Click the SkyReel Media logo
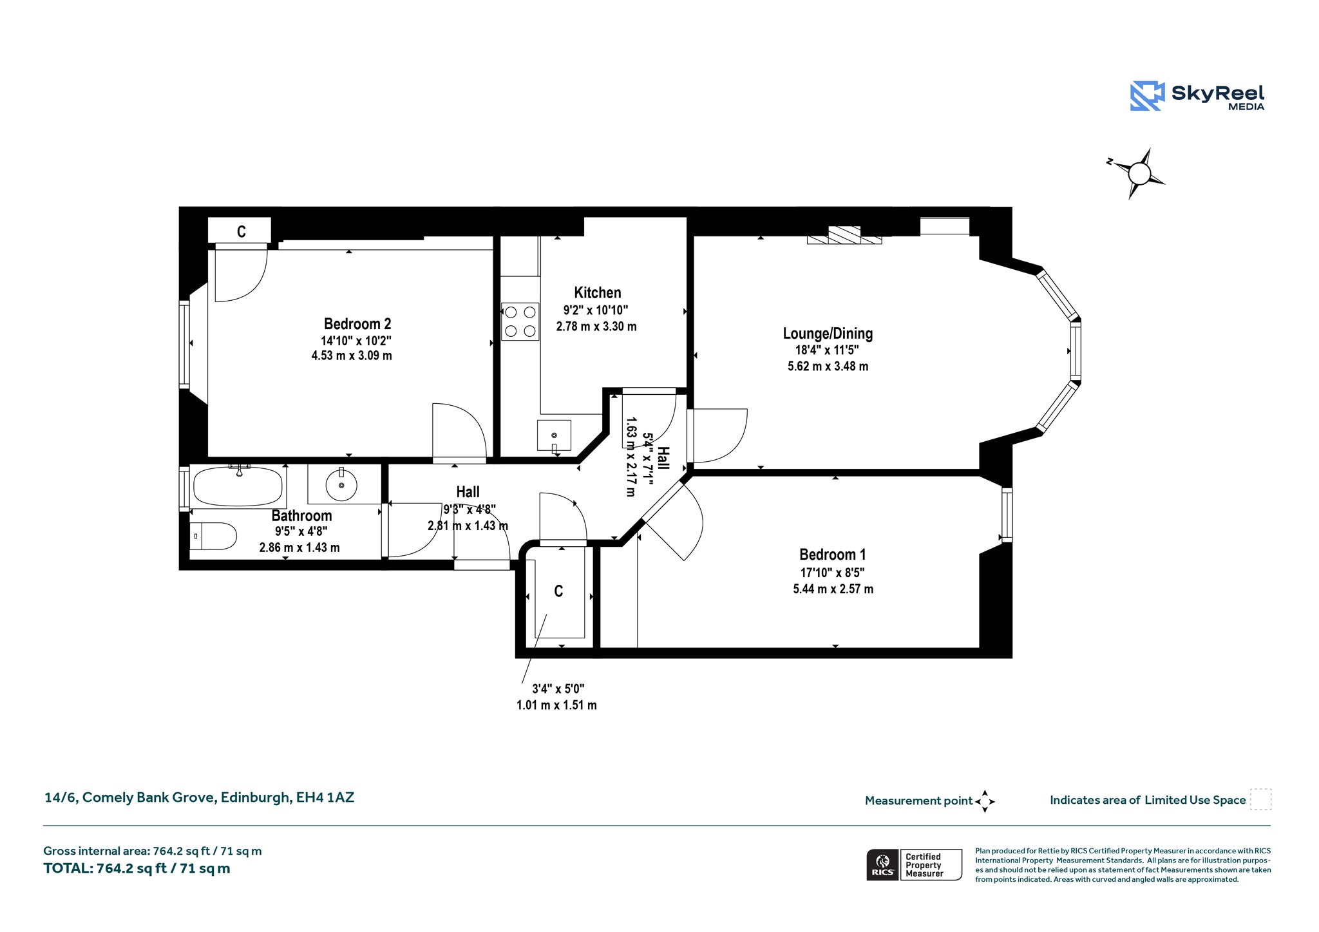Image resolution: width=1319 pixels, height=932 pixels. click(x=1197, y=96)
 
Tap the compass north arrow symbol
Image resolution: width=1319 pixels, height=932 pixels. click(x=1138, y=173)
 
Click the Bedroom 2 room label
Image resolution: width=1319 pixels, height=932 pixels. click(x=357, y=324)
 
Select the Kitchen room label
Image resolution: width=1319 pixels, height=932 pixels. click(x=598, y=292)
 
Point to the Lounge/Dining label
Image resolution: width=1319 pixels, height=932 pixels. click(x=828, y=334)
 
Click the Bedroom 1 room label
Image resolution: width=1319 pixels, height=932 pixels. click(x=832, y=555)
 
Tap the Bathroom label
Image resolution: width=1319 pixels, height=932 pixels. click(x=301, y=516)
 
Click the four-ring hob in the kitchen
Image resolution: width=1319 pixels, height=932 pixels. click(x=520, y=321)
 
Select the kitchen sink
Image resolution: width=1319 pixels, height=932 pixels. click(x=554, y=436)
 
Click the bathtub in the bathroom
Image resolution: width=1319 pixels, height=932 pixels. click(x=239, y=486)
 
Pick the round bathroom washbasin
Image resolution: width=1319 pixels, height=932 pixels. click(x=341, y=484)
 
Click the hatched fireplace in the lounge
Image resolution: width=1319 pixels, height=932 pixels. click(x=844, y=235)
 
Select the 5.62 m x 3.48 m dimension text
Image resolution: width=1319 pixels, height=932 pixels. click(x=828, y=366)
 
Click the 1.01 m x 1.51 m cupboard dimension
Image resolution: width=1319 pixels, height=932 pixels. click(x=556, y=705)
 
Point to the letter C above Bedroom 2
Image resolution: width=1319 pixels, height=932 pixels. click(x=242, y=232)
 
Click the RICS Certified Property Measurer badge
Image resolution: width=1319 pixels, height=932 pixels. click(x=914, y=865)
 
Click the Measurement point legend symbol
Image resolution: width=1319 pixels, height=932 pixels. click(x=985, y=801)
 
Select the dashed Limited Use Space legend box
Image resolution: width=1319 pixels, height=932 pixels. click(x=1260, y=799)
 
